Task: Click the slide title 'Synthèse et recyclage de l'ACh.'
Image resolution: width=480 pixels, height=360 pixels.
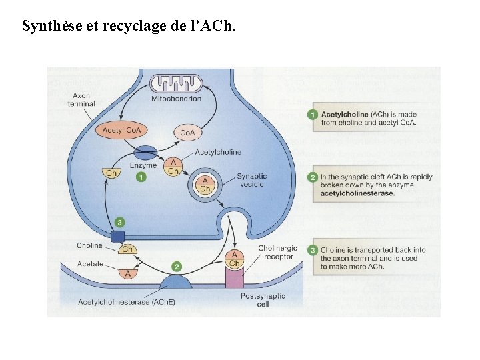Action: (x=128, y=27)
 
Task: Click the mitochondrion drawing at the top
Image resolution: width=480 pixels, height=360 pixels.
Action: (x=176, y=84)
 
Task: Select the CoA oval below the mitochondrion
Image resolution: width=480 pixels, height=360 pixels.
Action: (x=188, y=133)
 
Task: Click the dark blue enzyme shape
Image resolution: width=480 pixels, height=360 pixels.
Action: (x=147, y=153)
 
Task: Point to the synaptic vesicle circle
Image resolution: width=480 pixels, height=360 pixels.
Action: (x=206, y=185)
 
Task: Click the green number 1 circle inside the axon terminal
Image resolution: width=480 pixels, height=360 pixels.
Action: (x=141, y=177)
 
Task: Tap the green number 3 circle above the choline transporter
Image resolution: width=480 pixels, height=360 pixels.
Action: (x=119, y=221)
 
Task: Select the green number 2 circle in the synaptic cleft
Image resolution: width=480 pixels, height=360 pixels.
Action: (x=176, y=266)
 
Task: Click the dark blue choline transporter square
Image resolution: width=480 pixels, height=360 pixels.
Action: (x=118, y=235)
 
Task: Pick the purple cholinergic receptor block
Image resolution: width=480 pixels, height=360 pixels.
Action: (x=235, y=277)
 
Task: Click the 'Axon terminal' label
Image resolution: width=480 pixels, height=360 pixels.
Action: (x=81, y=99)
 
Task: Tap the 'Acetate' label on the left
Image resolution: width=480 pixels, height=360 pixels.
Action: (x=90, y=264)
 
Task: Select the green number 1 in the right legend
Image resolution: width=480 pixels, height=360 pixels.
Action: (x=312, y=114)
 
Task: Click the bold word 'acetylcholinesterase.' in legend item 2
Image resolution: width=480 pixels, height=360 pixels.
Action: (x=357, y=193)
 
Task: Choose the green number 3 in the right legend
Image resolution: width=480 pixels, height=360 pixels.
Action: (x=312, y=250)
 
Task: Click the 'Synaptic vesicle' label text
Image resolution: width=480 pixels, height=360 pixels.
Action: (x=251, y=181)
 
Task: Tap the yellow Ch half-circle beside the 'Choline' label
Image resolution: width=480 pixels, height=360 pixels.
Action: (x=127, y=249)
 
